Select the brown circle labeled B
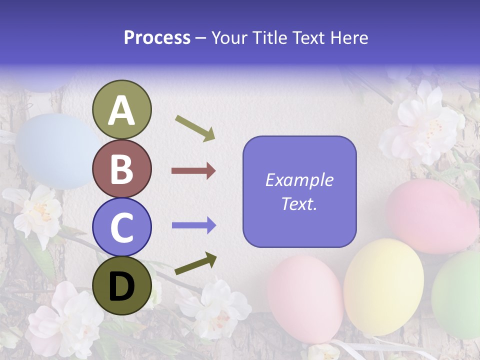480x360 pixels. pyautogui.click(x=121, y=168)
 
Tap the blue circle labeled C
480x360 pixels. pyautogui.click(x=121, y=227)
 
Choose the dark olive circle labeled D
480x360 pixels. pyautogui.click(x=121, y=286)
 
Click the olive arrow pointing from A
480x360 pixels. pyautogui.click(x=195, y=127)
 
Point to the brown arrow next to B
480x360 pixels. pyautogui.click(x=193, y=171)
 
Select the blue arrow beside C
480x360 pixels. pyautogui.click(x=193, y=225)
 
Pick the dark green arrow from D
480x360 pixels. pyautogui.click(x=195, y=264)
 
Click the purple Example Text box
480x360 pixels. pyautogui.click(x=299, y=191)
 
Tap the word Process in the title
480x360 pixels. pyautogui.click(x=157, y=37)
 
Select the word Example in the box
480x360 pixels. pyautogui.click(x=299, y=180)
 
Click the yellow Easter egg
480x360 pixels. pyautogui.click(x=383, y=286)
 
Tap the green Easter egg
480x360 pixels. pyautogui.click(x=457, y=295)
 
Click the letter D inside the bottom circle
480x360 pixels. pyautogui.click(x=121, y=286)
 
